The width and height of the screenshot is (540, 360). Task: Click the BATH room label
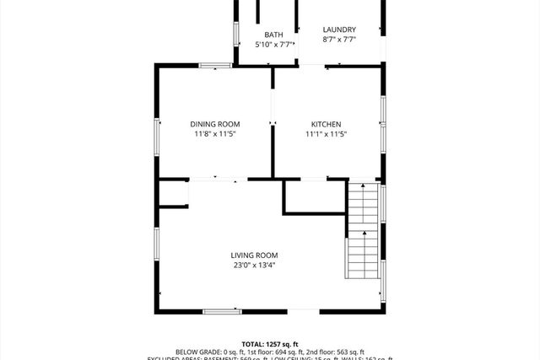pyautogui.click(x=273, y=35)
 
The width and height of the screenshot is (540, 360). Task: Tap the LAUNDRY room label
pyautogui.click(x=339, y=30)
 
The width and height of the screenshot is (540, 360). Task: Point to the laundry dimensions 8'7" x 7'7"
pyautogui.click(x=339, y=40)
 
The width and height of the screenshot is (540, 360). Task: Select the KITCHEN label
pyautogui.click(x=326, y=124)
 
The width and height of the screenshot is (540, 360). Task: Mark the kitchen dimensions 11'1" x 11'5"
pyautogui.click(x=326, y=134)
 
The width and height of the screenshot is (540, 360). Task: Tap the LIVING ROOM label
pyautogui.click(x=254, y=255)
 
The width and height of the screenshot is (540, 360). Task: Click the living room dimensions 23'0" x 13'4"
pyautogui.click(x=254, y=266)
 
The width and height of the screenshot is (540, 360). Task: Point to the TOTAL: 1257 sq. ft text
pyautogui.click(x=269, y=344)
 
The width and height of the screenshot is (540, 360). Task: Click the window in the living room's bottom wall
pyautogui.click(x=222, y=312)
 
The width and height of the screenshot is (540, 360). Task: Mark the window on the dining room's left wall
pyautogui.click(x=156, y=135)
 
